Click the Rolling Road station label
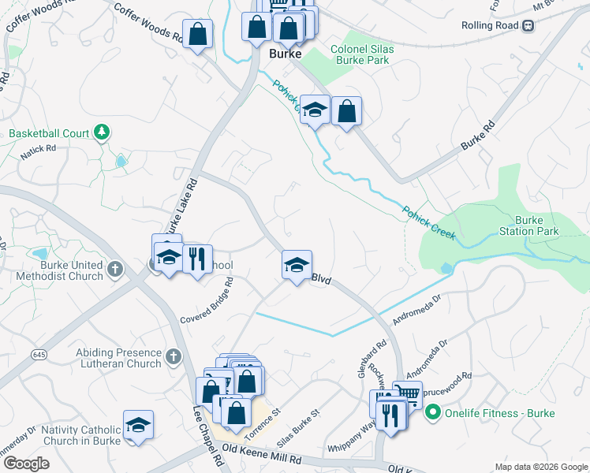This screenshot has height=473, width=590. (x=491, y=25)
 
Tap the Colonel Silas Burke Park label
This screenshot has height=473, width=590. (x=362, y=54)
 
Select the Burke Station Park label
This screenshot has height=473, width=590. (x=536, y=225)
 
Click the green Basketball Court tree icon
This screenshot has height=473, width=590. (x=101, y=132)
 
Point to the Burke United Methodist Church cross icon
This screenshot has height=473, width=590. (x=115, y=270)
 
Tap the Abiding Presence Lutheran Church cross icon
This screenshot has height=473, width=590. (x=174, y=359)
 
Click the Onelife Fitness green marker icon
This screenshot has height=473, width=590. (x=432, y=412)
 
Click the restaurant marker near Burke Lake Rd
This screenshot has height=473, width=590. (x=196, y=257)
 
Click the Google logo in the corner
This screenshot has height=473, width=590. (x=25, y=464)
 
